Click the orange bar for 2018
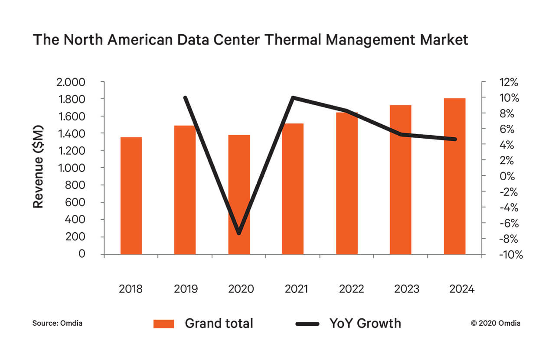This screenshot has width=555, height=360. [131, 195]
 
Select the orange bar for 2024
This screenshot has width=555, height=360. [454, 176]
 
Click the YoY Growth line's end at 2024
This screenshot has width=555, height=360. [454, 139]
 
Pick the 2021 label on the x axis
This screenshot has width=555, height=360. [297, 289]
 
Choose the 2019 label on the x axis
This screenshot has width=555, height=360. [186, 289]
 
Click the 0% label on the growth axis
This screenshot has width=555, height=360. [508, 176]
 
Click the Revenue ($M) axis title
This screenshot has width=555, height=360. [39, 167]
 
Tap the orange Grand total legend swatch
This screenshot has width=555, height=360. [163, 324]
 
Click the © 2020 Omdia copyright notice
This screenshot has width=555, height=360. [496, 323]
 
